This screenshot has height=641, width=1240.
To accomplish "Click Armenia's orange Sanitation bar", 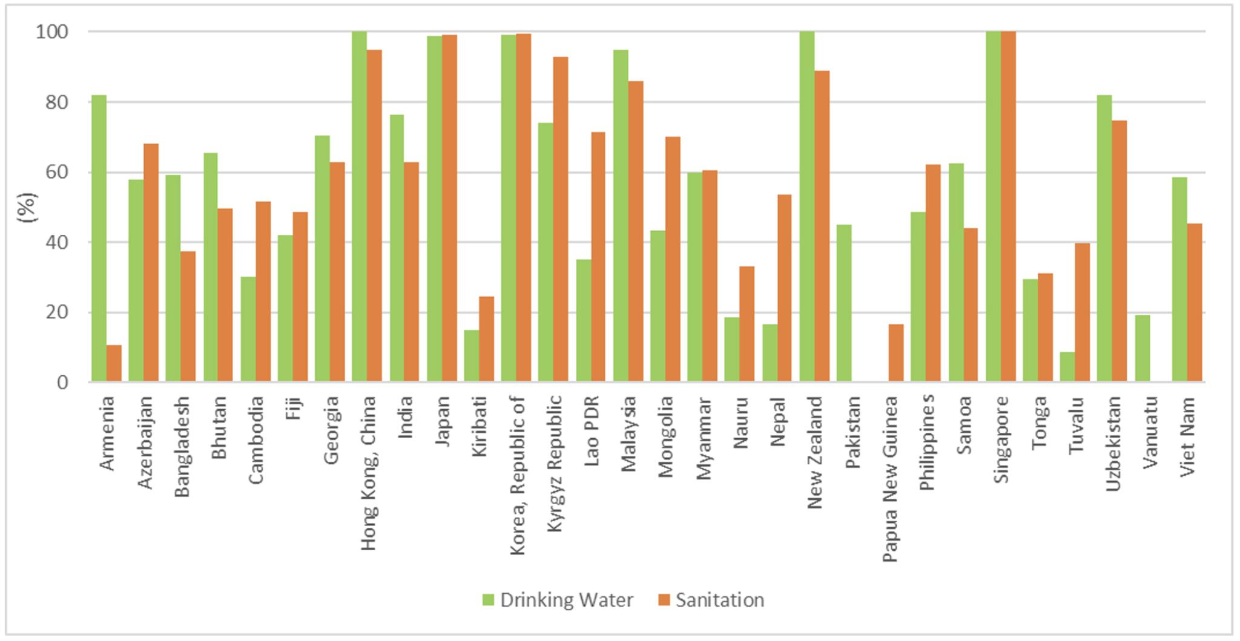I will pos(114,364).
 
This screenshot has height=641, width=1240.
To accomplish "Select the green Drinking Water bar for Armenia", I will pos(99,238).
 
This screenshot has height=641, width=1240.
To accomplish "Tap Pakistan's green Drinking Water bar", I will pos(844,303).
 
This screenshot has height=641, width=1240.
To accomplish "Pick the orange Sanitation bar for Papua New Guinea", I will pos(896,353).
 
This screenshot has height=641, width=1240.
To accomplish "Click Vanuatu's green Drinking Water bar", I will pos(1142,349).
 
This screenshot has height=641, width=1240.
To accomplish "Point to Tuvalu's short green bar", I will pos(1067,367).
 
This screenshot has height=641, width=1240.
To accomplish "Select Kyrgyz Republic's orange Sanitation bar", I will pos(561,219).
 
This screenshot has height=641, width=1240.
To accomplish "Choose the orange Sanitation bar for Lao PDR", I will pos(598,257).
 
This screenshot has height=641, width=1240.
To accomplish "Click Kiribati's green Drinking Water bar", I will pos(471,356).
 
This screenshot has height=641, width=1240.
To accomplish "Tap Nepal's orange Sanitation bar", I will pos(784,288).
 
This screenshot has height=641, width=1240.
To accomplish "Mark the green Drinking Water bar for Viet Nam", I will pos(1179,280).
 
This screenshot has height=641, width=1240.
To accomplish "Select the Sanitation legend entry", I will pos(711,600).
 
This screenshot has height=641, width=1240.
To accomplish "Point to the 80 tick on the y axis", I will pos(56,102).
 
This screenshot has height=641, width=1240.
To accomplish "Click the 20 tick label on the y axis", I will pos(56,313).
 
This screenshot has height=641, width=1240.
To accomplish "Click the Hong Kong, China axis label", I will pos(369,473).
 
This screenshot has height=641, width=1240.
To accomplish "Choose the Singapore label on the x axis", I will pos(1001,438).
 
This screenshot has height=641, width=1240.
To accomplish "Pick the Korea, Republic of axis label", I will pos(517,475).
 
